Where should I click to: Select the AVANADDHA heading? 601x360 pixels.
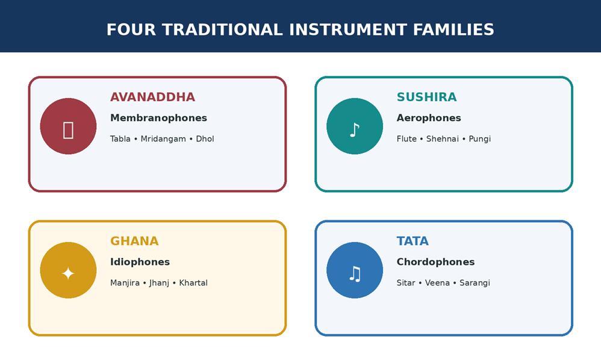(152, 98)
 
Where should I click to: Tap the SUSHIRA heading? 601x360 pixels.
(426, 98)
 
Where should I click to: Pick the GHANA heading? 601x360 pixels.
(134, 241)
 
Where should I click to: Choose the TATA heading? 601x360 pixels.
(413, 241)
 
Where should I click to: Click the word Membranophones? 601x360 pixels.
(159, 118)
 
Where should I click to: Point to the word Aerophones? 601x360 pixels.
(429, 118)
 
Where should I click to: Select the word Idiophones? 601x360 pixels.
(140, 262)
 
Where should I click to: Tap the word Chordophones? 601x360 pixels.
(435, 262)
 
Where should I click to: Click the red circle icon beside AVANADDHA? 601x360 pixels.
(68, 126)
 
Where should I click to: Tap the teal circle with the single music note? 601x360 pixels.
(355, 126)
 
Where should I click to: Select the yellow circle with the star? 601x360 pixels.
(68, 270)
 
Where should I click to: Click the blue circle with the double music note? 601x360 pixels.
(355, 270)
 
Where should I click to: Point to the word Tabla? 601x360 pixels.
(120, 139)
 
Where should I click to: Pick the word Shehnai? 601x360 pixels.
(442, 139)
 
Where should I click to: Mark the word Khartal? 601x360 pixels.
(193, 283)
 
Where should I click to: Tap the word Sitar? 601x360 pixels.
(406, 283)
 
